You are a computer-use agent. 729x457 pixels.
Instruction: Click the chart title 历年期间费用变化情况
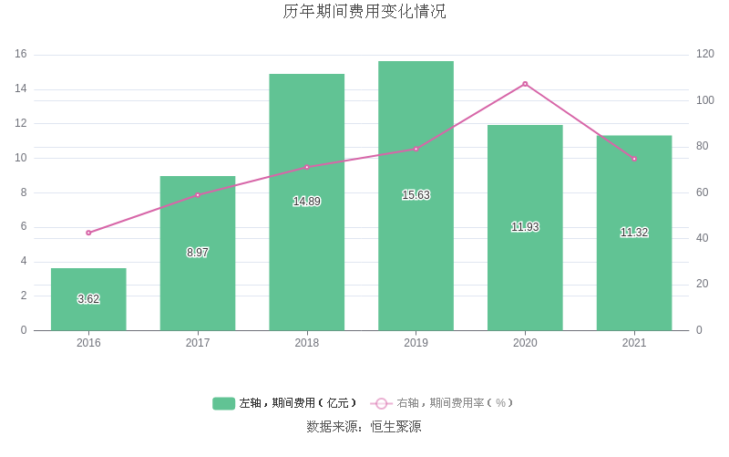[x=364, y=12]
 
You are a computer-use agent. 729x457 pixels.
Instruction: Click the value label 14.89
[x=306, y=202]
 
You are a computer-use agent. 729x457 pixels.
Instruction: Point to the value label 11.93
[x=525, y=227]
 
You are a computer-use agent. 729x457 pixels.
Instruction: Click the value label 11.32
[x=634, y=233]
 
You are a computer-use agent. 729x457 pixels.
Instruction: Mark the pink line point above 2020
[x=525, y=84]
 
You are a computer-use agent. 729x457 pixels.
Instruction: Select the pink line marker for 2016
[x=88, y=233]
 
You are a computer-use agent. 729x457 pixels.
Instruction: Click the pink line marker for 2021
[x=634, y=159]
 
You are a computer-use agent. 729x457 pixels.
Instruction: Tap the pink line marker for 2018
[x=307, y=167]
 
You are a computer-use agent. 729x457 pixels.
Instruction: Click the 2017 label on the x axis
[x=198, y=343]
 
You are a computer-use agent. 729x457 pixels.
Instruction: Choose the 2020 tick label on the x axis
[x=525, y=343]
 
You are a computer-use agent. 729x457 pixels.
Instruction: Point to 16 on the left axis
[x=21, y=55]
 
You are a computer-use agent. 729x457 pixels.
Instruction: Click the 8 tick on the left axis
[x=24, y=192]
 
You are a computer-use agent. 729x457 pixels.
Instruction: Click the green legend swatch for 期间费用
[x=224, y=403]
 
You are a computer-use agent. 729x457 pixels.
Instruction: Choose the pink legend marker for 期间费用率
[x=381, y=403]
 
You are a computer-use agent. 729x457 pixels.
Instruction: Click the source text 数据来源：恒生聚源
[x=364, y=426]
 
